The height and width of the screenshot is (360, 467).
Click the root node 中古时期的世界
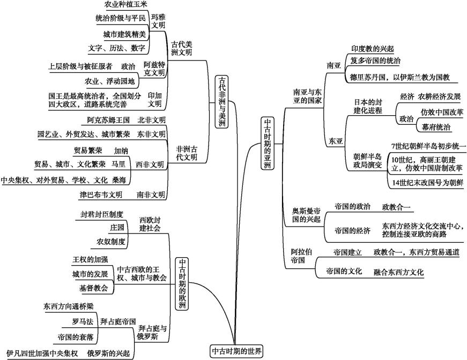point(236,351)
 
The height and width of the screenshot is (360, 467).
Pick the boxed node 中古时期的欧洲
point(182,284)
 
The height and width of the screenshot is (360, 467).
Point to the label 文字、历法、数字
point(117,48)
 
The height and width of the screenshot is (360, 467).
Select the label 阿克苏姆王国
point(108,119)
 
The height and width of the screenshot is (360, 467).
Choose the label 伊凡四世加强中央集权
point(40,354)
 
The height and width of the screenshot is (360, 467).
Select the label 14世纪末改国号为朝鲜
point(428,183)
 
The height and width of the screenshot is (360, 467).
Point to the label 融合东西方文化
point(398,272)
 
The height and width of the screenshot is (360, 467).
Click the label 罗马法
point(83,321)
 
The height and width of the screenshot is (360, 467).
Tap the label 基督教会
point(94,288)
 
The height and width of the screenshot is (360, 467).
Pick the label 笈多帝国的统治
point(375,61)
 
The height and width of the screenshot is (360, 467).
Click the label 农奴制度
point(111,242)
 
